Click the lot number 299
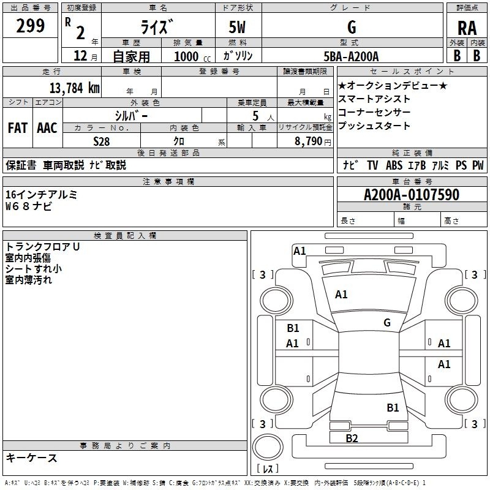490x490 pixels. point(30,26)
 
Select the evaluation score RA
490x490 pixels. point(467,28)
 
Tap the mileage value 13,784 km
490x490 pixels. point(75,88)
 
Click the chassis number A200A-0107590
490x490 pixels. point(412,194)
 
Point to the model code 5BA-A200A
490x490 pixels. point(351,56)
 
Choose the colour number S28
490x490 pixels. point(102,141)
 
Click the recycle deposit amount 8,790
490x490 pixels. point(309,141)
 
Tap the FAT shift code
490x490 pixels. point(18,128)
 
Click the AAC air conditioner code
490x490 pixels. point(47,128)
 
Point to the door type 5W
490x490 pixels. point(237,27)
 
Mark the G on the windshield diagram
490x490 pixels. point(387,323)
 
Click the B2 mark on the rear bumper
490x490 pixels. point(352,438)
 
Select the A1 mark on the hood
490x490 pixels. point(341,295)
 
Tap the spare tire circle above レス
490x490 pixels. point(268,447)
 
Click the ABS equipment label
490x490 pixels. point(394,165)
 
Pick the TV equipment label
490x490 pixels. point(372,165)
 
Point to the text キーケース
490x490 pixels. point(32,458)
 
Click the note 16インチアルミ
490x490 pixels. point(41,194)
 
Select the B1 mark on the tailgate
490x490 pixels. point(393,408)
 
